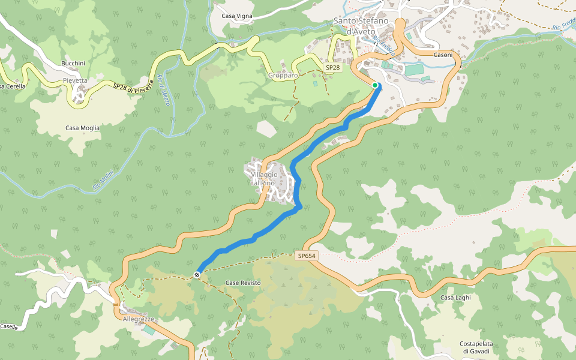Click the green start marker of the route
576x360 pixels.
[x=375, y=85]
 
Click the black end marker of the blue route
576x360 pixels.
[x=197, y=275]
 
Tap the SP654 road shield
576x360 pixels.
[x=306, y=256]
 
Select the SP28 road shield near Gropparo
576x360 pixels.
[x=332, y=68]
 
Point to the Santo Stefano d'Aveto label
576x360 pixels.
[x=362, y=26]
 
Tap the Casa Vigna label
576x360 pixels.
[x=237, y=16]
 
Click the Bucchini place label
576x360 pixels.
[x=73, y=63]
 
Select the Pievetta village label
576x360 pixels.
[x=75, y=80]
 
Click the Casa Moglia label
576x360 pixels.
[x=83, y=128]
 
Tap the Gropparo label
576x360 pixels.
[x=283, y=76]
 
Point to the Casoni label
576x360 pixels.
[x=443, y=54]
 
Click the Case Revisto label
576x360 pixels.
[x=243, y=283]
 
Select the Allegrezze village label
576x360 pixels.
[x=139, y=319]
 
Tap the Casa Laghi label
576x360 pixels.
[x=456, y=297]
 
